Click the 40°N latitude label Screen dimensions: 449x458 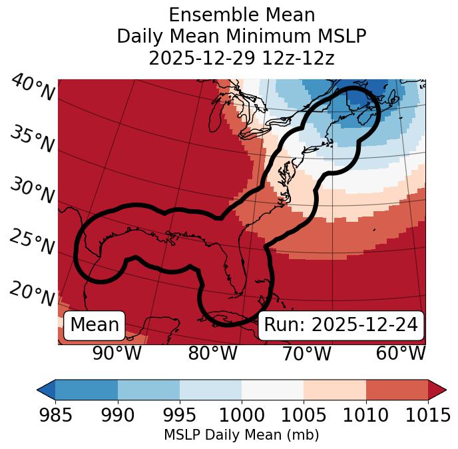pos(33,89)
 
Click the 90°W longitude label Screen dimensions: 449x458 pos(116,353)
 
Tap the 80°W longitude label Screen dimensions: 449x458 pos(212,353)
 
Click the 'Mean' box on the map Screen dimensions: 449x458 pos(95,325)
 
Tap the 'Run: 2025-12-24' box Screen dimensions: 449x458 pos(341,325)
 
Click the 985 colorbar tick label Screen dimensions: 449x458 pos(55,416)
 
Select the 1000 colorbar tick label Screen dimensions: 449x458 pos(242,416)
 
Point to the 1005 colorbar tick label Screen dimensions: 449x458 pos(304,416)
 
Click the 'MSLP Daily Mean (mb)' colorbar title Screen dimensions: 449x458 pos(241,436)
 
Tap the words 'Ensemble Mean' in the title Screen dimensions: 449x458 pos(242,15)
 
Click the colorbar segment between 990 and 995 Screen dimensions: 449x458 pos(148,390)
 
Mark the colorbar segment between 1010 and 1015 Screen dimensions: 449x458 pos(397,390)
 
